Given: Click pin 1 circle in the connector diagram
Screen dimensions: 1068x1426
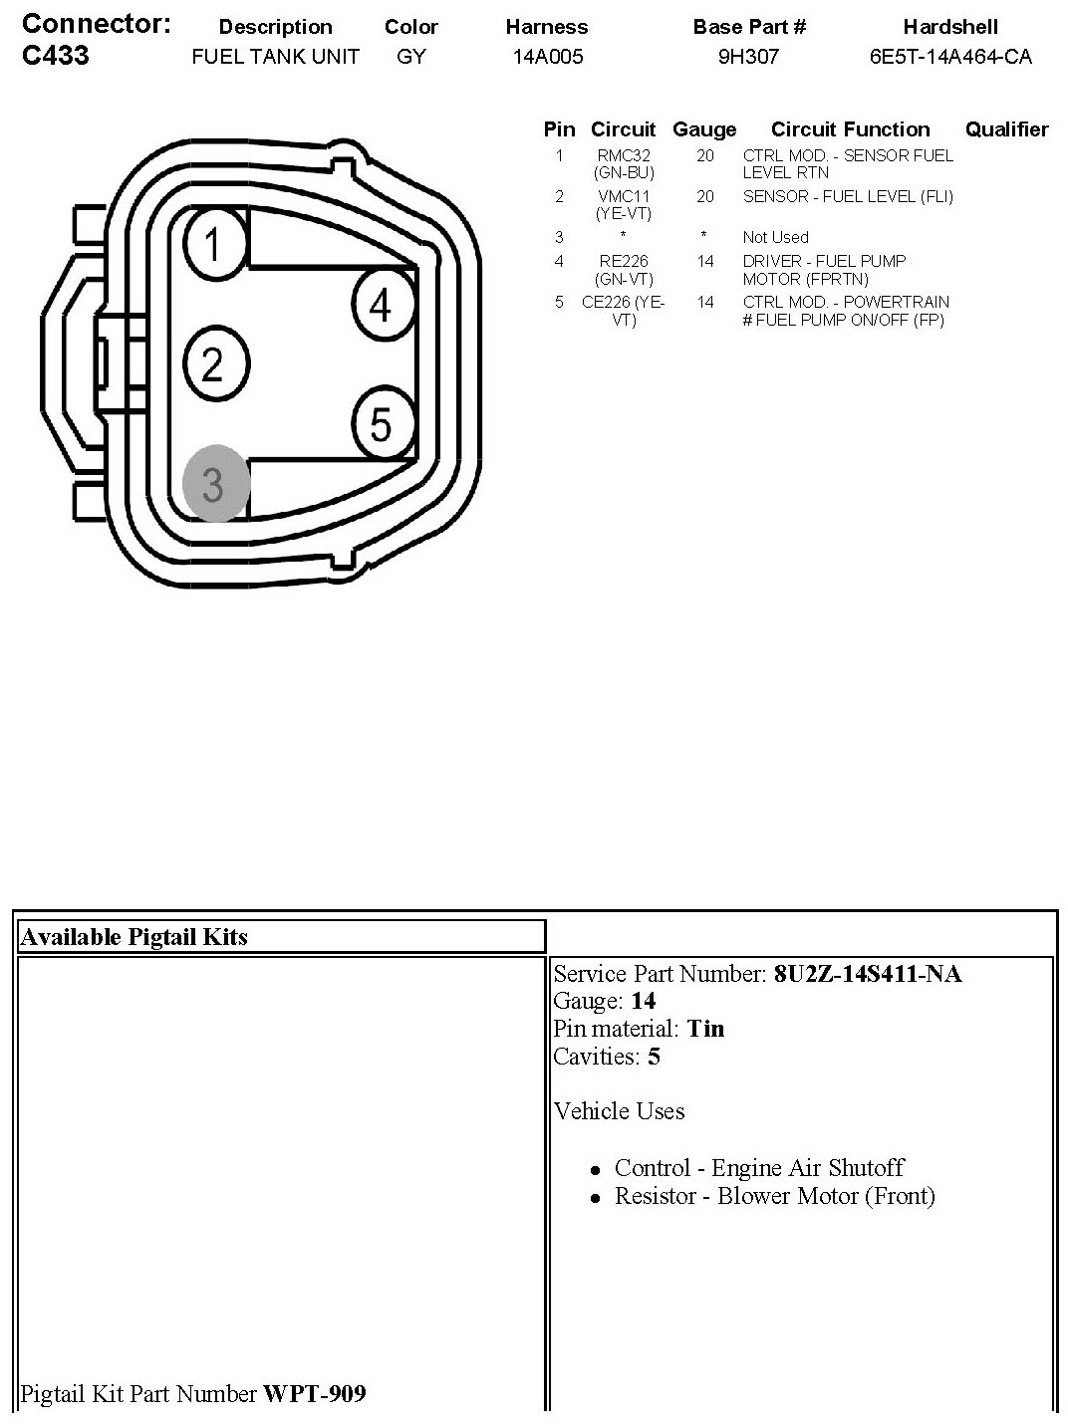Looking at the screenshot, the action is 215,244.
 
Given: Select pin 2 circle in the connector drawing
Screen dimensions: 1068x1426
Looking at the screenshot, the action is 215,363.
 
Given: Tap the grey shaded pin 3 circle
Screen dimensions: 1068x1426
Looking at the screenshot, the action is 215,483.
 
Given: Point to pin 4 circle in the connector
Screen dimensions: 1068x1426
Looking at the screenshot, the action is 385,304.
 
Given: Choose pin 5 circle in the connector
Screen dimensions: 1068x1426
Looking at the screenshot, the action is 384,424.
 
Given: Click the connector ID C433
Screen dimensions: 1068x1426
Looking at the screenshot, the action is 55,55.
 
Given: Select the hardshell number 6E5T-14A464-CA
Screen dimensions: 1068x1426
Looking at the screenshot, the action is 950,57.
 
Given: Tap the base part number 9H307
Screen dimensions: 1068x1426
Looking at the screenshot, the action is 748,57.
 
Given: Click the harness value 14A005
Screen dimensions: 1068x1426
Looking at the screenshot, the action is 548,57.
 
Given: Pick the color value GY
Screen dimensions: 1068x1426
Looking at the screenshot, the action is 411,57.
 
